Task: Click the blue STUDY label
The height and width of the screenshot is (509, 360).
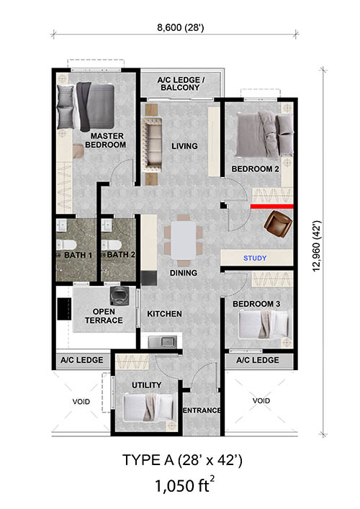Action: click(x=255, y=258)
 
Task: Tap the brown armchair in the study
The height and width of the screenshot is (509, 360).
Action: click(x=278, y=224)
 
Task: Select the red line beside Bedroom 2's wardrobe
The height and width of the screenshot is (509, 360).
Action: click(x=271, y=207)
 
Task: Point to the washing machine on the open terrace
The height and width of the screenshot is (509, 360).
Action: click(x=119, y=296)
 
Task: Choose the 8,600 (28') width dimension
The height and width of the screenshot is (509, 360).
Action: click(x=181, y=28)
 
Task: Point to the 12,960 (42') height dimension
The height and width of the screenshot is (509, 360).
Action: click(x=317, y=246)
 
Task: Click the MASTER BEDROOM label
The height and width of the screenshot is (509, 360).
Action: click(x=106, y=140)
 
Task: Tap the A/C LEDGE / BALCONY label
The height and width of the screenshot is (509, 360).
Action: click(x=181, y=84)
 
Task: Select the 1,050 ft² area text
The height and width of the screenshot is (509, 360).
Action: click(x=184, y=485)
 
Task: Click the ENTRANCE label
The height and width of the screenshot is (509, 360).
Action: click(x=202, y=410)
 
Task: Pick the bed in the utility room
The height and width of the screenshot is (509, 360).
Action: click(x=148, y=407)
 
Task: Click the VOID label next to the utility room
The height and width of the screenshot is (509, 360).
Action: click(x=81, y=402)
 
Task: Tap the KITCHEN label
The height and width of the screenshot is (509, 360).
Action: click(x=165, y=314)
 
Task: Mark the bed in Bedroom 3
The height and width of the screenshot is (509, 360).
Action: click(x=264, y=324)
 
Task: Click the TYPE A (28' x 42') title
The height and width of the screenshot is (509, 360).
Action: click(x=182, y=460)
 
